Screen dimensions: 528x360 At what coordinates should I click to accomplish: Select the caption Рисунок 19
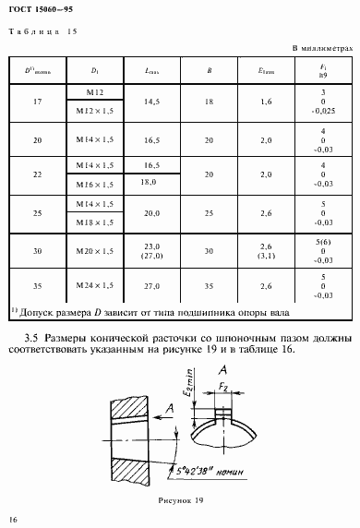click(180, 499)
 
